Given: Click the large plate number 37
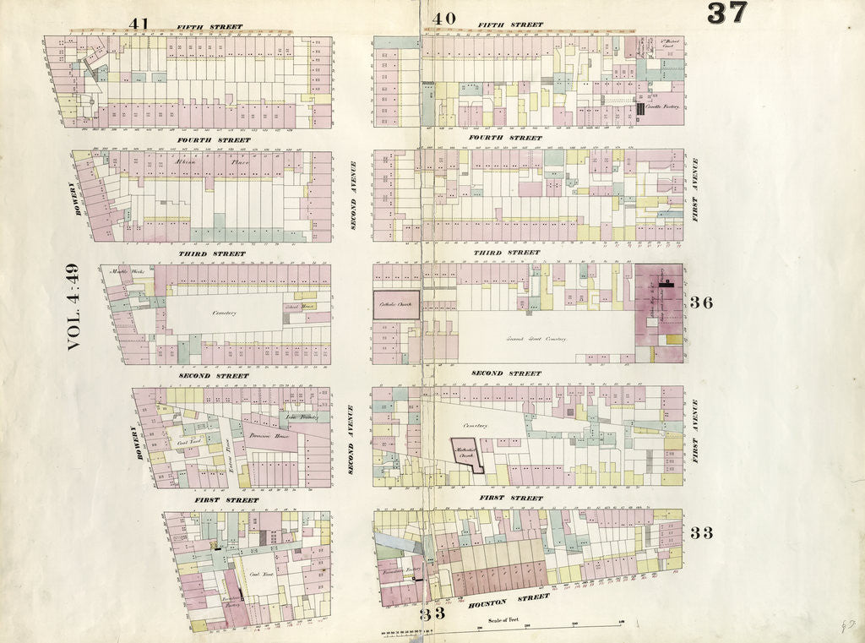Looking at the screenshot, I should [x=726, y=14].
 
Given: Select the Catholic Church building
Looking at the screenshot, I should [x=396, y=304].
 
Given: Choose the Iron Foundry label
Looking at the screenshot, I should [x=300, y=416].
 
